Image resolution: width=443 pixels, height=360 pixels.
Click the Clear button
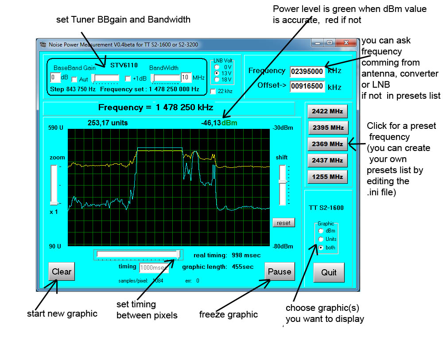pyautogui.click(x=62, y=271)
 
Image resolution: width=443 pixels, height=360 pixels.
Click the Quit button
pyautogui.click(x=329, y=272)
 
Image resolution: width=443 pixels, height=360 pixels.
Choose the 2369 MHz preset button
pyautogui.click(x=327, y=144)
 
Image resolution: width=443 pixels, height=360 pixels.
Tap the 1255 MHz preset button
pyautogui.click(x=327, y=177)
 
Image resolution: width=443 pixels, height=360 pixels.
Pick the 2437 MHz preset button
pyautogui.click(x=327, y=160)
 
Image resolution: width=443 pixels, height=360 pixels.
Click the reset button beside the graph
pyautogui.click(x=284, y=223)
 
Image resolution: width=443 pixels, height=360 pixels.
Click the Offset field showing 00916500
pyautogui.click(x=307, y=86)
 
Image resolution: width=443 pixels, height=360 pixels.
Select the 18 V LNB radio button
pyautogui.click(x=217, y=79)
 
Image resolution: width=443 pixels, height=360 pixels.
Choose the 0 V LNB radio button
pyautogui.click(x=217, y=66)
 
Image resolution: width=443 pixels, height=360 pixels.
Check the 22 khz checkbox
pyautogui.click(x=214, y=91)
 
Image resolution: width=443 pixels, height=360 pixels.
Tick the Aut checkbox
pyautogui.click(x=74, y=79)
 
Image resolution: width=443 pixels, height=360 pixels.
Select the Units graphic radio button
pyautogui.click(x=321, y=239)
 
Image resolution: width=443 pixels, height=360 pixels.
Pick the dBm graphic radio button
pyautogui.click(x=321, y=231)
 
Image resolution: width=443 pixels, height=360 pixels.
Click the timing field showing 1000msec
pyautogui.click(x=154, y=267)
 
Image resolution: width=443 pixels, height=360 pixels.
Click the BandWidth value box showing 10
pyautogui.click(x=186, y=78)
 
